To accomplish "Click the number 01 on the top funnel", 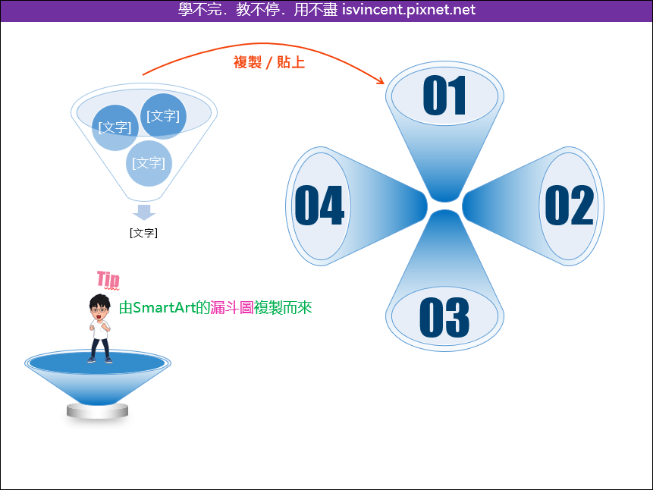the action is click(x=444, y=96).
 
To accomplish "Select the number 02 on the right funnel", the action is click(x=570, y=205).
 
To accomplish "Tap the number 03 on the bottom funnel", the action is click(x=444, y=318).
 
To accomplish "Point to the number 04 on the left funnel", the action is click(x=319, y=205).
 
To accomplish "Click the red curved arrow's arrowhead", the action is click(x=381, y=81).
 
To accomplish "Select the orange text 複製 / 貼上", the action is click(x=269, y=62).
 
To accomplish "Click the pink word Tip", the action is click(x=108, y=279).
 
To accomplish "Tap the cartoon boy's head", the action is click(x=99, y=306).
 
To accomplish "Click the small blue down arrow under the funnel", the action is click(x=144, y=212).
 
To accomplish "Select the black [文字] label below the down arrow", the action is click(x=143, y=233).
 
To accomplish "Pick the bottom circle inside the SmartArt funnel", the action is click(x=149, y=163).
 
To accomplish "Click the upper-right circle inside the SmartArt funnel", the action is click(x=163, y=116).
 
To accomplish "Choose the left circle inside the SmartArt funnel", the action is click(x=115, y=127).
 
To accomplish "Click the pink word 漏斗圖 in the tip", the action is click(x=232, y=307).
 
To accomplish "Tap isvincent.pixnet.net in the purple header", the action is click(x=409, y=9).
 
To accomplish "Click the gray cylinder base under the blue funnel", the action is click(x=97, y=411).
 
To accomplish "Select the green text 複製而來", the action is click(x=283, y=307).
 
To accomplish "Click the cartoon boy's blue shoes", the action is click(x=100, y=360).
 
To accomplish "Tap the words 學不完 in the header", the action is click(x=200, y=9).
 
